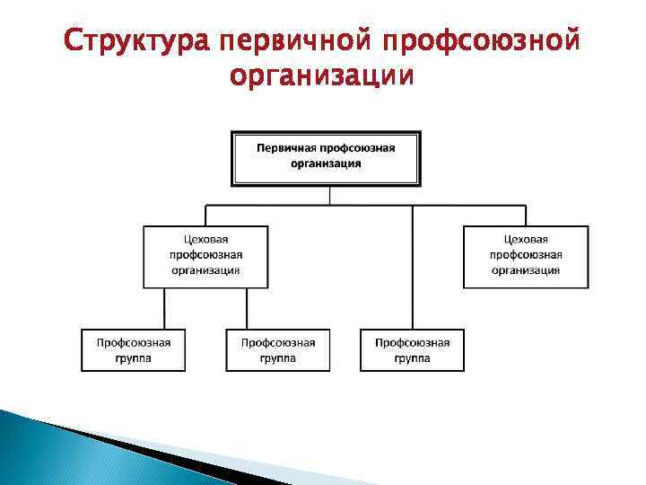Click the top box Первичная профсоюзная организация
click(x=326, y=158)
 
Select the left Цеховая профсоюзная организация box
click(x=205, y=256)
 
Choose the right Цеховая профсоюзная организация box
click(x=526, y=256)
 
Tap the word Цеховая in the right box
click(x=526, y=240)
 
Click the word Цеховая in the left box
click(x=205, y=240)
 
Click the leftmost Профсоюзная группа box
click(x=134, y=350)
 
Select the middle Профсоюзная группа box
click(x=277, y=350)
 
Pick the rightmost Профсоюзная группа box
click(x=412, y=350)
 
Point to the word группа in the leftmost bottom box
click(x=134, y=358)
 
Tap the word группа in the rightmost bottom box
click(x=412, y=358)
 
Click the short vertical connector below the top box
click(x=329, y=196)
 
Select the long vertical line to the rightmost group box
click(x=413, y=269)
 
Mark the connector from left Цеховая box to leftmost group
click(x=164, y=308)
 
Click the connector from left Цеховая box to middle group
click(x=247, y=308)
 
